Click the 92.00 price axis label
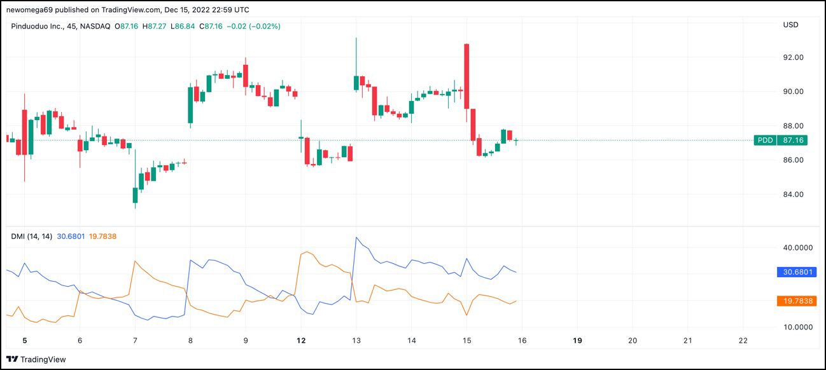[793, 57]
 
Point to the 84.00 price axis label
[793, 195]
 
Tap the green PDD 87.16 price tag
[785, 140]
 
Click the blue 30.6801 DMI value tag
[796, 272]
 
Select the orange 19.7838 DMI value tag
[796, 301]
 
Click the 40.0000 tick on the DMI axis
[798, 247]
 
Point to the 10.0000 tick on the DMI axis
[798, 327]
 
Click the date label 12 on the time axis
[301, 341]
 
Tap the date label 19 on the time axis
[577, 341]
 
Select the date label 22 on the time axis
[743, 341]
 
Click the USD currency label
[790, 25]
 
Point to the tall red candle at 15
[466, 76]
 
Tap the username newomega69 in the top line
[32, 10]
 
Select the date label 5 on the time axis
[25, 341]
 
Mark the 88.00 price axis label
[793, 126]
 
